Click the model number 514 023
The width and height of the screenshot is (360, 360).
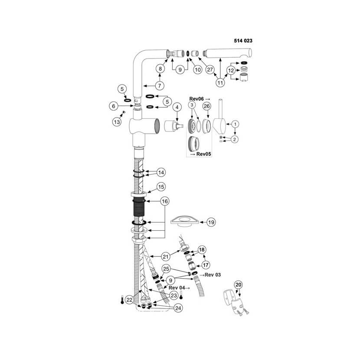(x=243, y=41)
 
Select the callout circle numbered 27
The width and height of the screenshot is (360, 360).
(x=210, y=69)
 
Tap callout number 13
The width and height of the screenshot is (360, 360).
(x=117, y=122)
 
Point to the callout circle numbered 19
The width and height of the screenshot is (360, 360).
(x=211, y=222)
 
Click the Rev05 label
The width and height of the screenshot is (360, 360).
(x=203, y=154)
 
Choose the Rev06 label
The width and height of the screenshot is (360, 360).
(x=196, y=99)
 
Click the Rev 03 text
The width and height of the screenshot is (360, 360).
(x=213, y=275)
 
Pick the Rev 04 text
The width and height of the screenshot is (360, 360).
(x=177, y=288)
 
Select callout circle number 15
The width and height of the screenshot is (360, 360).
(x=161, y=187)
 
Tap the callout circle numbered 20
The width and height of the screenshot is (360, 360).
(x=238, y=285)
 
